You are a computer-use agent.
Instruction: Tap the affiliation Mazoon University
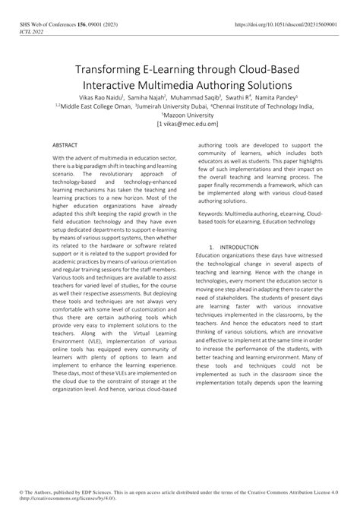[180, 116]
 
